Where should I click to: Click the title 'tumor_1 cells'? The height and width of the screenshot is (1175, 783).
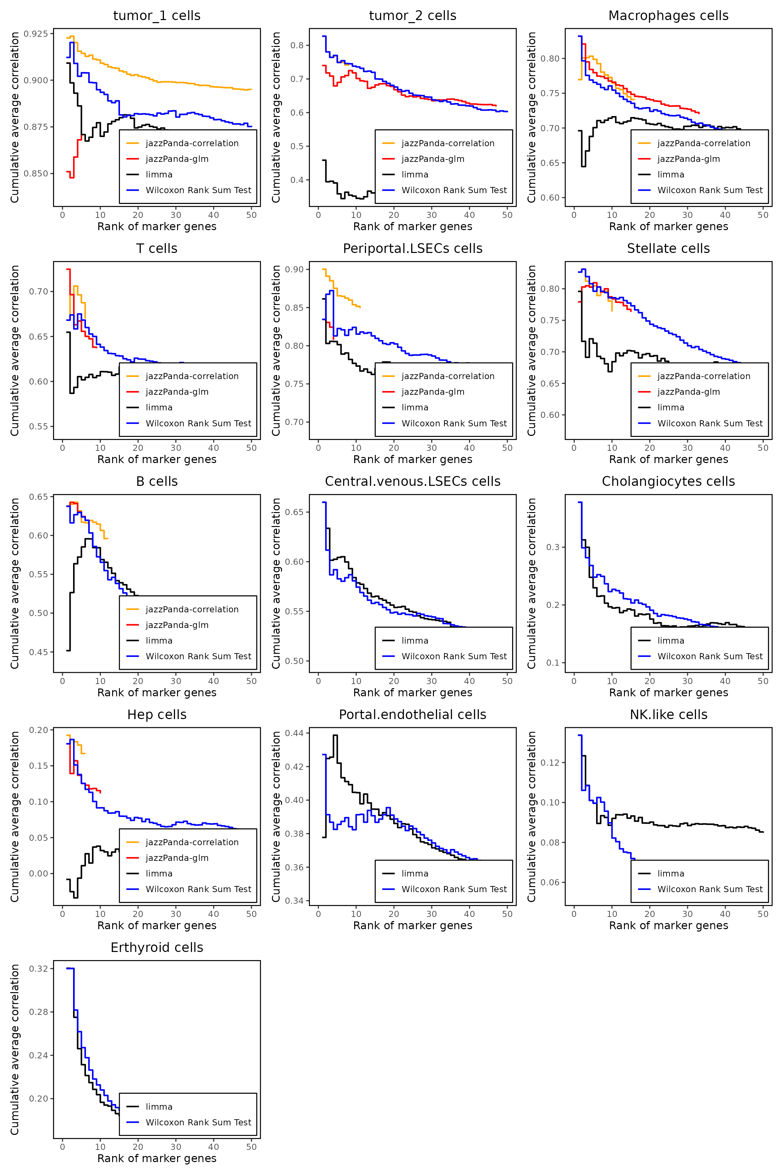[157, 16]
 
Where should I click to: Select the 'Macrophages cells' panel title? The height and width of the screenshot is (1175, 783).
[668, 16]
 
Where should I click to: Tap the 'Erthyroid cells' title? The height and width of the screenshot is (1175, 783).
[157, 947]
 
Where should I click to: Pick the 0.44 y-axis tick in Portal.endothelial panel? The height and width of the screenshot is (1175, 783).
[294, 733]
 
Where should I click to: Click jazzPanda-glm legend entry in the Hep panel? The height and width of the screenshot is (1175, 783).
[177, 858]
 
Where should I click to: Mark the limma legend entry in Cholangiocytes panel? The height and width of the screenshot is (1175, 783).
[671, 641]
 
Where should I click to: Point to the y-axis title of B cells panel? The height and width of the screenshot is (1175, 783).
[15, 583]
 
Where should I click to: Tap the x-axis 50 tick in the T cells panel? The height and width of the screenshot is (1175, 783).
[251, 448]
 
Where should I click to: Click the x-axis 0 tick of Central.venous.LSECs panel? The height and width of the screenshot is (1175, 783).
[318, 681]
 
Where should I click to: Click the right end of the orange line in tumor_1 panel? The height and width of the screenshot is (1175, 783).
[251, 89]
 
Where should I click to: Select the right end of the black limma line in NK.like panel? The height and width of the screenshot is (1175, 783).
[763, 832]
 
